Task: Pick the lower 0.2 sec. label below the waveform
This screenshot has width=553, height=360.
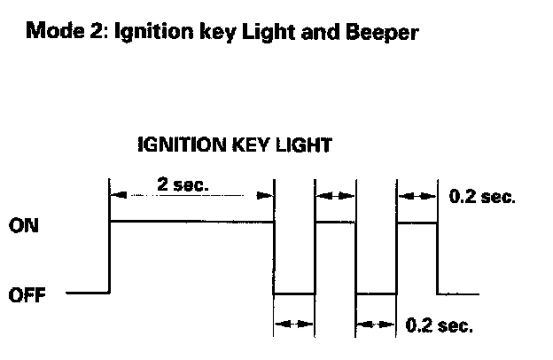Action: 439,325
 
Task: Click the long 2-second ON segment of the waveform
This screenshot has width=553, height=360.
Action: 191,223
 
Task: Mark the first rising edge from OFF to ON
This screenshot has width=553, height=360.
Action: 109,257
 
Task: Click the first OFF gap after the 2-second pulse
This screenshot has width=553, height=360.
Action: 294,293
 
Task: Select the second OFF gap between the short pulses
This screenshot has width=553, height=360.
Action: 376,293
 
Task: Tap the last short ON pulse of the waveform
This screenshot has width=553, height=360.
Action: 417,223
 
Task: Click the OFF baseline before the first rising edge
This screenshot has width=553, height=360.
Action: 87,293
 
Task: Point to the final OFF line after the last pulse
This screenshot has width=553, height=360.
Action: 459,293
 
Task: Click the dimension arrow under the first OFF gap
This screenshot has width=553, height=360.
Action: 294,325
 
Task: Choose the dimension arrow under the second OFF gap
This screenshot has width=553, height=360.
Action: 376,325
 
